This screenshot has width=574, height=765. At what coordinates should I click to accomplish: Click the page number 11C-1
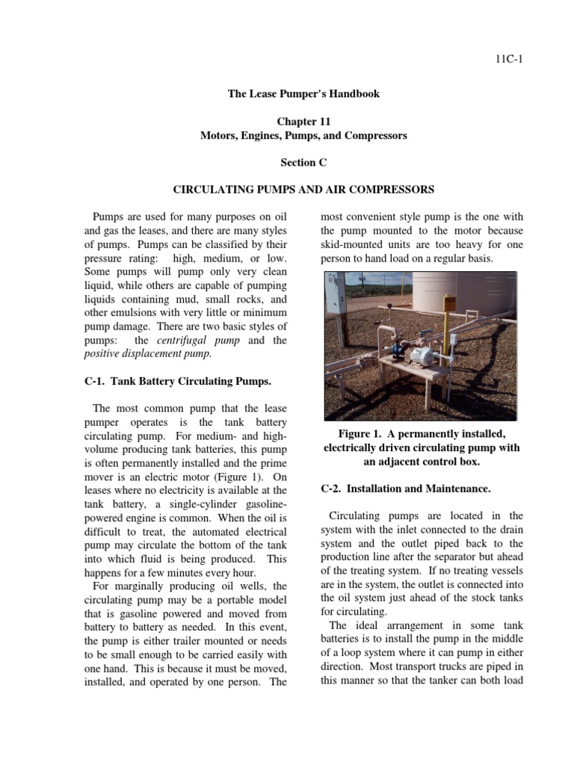click(x=507, y=60)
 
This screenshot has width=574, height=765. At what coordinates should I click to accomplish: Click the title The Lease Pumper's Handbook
click(x=303, y=93)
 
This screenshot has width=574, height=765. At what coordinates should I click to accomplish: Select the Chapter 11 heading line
click(x=303, y=121)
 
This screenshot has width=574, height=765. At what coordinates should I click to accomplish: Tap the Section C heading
click(x=303, y=162)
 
